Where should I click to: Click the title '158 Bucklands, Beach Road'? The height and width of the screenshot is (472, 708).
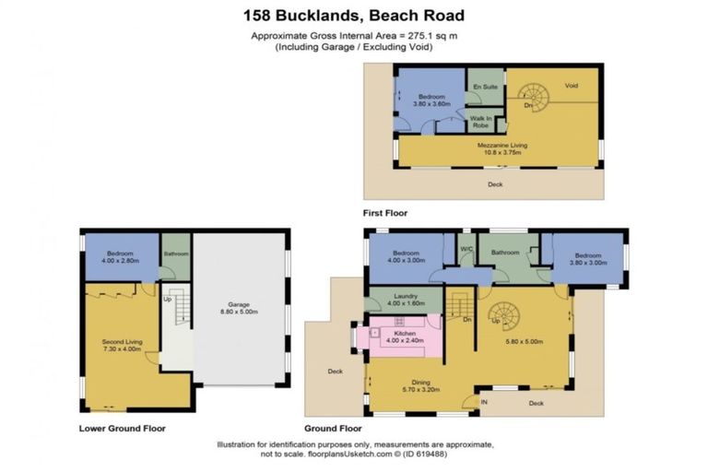click(354, 15)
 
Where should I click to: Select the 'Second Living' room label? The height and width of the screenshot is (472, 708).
click(121, 346)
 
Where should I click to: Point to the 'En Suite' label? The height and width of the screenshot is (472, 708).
click(484, 87)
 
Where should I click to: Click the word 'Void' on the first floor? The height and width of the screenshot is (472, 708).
click(571, 86)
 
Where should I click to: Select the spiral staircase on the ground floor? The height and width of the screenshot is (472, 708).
click(503, 319)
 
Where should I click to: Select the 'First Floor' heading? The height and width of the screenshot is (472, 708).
click(384, 213)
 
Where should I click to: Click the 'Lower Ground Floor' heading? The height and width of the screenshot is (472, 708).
click(122, 428)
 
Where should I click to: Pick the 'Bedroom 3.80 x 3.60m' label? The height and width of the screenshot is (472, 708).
click(431, 100)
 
